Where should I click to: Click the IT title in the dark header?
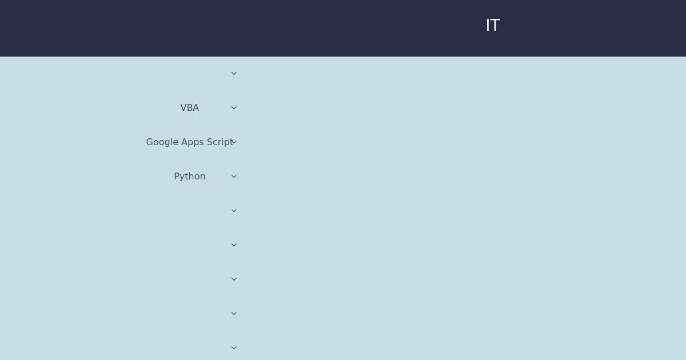(493, 25)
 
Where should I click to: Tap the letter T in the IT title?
(495, 25)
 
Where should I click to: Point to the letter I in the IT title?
(487, 25)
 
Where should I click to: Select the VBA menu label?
(190, 108)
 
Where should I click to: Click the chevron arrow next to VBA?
(234, 108)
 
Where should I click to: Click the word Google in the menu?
(162, 142)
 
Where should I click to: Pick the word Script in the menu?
(220, 142)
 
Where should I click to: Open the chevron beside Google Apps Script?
(234, 142)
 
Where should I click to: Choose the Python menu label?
(190, 177)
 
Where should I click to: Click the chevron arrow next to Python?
(234, 177)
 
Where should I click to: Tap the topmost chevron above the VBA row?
(234, 74)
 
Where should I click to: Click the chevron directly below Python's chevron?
(234, 211)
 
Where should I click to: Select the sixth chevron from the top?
(234, 245)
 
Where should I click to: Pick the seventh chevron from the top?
(234, 279)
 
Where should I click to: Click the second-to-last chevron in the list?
(234, 314)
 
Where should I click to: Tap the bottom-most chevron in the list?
(234, 348)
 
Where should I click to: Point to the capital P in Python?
(177, 176)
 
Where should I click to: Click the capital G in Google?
(149, 142)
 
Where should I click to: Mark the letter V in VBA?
(183, 108)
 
